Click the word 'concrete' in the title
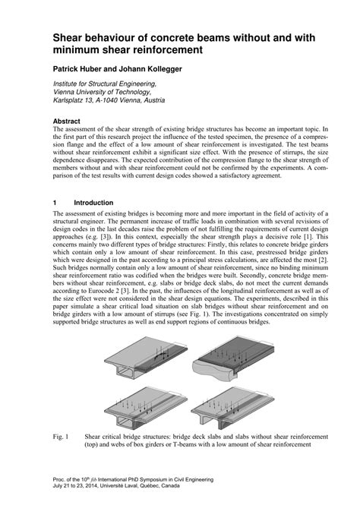[x=186, y=37]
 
